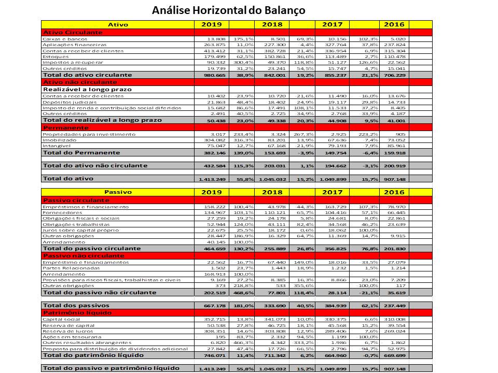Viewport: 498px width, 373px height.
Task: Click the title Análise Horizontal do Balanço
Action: click(228, 10)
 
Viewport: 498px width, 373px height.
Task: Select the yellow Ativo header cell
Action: click(118, 24)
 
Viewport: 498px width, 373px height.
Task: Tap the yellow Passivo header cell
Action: click(118, 192)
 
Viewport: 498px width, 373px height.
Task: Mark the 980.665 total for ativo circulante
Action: click(210, 75)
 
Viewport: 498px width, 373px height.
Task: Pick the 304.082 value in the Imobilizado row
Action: click(211, 140)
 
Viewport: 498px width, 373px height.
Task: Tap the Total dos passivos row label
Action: click(73, 306)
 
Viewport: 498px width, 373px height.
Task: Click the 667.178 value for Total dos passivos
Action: click(210, 306)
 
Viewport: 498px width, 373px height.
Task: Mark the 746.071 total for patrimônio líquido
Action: click(210, 356)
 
